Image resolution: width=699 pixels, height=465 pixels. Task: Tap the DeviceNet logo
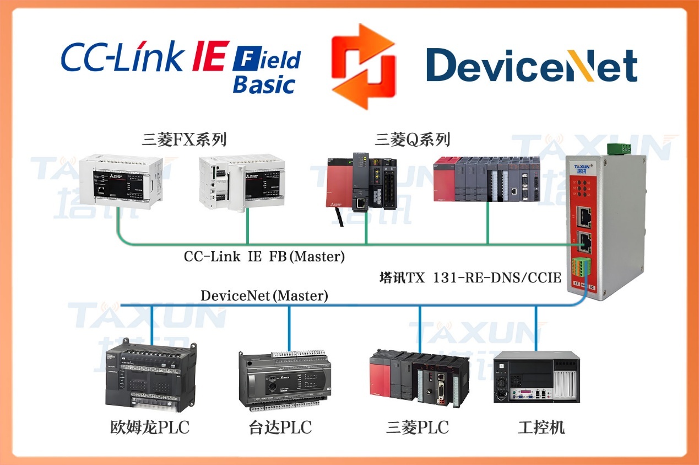click(x=532, y=65)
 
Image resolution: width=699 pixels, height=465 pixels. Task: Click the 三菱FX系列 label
click(x=184, y=139)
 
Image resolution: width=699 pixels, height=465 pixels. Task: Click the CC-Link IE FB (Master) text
click(x=264, y=256)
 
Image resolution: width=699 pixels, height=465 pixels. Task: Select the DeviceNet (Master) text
click(x=264, y=296)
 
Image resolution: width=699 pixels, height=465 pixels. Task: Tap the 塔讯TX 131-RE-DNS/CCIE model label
click(x=470, y=277)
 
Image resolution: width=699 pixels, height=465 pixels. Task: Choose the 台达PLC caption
click(x=280, y=427)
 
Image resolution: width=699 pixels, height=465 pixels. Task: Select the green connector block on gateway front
click(x=582, y=265)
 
